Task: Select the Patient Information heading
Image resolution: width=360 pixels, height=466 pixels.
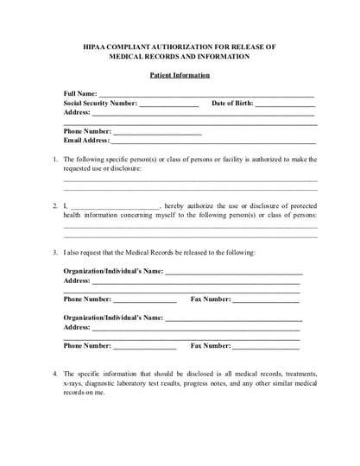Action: (x=180, y=75)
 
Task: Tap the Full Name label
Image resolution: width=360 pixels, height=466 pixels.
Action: (x=80, y=92)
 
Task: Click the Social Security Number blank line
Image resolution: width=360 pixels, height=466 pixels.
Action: (x=169, y=104)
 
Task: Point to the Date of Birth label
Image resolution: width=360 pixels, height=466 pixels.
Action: (x=232, y=103)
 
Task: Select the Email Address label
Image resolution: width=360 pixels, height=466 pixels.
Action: (x=86, y=141)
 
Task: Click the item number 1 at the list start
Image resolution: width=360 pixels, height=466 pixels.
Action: (x=55, y=159)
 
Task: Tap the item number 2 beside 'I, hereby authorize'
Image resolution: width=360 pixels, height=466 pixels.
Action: (x=55, y=205)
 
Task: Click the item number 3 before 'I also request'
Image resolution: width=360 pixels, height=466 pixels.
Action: (x=55, y=252)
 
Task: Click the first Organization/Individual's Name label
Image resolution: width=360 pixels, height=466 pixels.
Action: (x=113, y=271)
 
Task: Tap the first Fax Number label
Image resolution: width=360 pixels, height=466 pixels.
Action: (x=211, y=299)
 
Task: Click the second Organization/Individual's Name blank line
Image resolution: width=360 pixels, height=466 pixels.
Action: (x=233, y=318)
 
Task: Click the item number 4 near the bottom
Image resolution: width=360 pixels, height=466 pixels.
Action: (x=55, y=374)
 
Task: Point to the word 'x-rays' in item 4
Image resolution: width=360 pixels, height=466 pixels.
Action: (x=74, y=383)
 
